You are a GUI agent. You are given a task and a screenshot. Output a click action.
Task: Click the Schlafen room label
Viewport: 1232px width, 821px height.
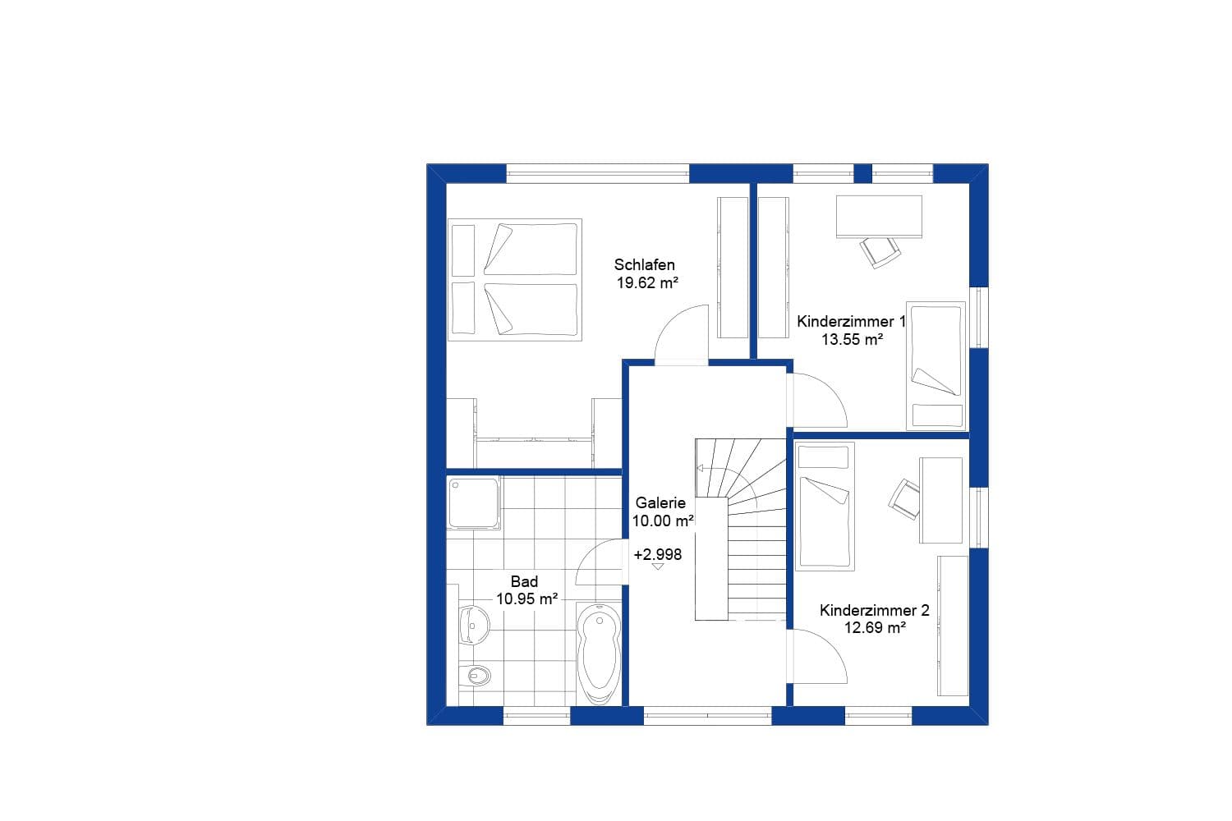[645, 264]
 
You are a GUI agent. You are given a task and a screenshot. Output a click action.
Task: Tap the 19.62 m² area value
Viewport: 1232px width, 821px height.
[647, 283]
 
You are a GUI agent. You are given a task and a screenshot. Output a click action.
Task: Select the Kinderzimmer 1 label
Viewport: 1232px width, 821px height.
[851, 321]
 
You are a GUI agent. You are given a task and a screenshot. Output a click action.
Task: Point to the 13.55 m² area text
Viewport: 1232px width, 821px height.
[853, 339]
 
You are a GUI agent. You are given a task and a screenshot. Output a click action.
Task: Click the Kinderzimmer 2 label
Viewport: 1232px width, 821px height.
[875, 610]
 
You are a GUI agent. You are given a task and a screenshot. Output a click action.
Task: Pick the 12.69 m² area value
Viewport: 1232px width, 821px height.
[876, 628]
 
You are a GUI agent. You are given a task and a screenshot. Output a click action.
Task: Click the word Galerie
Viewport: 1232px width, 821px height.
[660, 503]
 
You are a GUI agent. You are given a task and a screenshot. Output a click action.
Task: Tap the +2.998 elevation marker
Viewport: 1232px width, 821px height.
[658, 555]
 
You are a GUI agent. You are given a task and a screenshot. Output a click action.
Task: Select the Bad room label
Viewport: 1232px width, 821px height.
[524, 581]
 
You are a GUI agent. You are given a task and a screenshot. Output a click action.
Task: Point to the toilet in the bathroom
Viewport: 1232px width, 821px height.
[476, 675]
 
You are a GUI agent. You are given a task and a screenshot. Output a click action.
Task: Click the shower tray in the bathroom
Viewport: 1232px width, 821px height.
[474, 502]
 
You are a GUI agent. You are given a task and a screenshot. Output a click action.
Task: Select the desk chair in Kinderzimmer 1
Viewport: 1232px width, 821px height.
[880, 250]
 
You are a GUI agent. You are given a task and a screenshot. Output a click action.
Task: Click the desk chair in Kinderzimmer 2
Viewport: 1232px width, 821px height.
[905, 499]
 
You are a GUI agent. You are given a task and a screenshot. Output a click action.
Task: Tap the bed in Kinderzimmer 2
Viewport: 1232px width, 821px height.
[825, 505]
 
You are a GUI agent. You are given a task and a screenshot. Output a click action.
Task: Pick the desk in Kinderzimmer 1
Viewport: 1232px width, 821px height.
[879, 216]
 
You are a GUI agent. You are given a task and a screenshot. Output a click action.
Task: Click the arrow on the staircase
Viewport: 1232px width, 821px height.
[701, 469]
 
